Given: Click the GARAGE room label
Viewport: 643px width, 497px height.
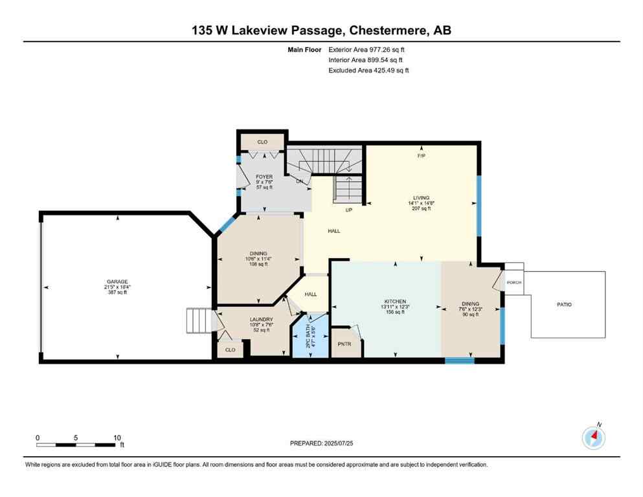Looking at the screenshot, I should click(117, 282).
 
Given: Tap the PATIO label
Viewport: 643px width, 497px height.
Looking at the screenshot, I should click(563, 304).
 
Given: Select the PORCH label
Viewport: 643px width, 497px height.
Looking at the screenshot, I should click(514, 282).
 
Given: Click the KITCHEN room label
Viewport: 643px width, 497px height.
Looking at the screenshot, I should click(395, 302).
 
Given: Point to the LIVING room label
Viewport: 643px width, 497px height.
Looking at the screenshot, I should click(422, 198).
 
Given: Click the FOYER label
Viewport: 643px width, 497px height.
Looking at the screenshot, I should click(264, 177).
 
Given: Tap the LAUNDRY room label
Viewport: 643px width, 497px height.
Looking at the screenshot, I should click(261, 319).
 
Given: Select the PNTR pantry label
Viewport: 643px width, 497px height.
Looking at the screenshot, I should click(344, 344).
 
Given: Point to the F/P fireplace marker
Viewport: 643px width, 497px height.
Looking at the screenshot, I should click(422, 156).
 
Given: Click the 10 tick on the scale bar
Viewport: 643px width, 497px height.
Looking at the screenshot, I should click(117, 437).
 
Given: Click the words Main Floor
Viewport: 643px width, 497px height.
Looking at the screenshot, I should click(305, 49).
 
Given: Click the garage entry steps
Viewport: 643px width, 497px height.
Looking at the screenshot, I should click(197, 319).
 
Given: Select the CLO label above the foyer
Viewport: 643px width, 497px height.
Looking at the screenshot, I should click(262, 141).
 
